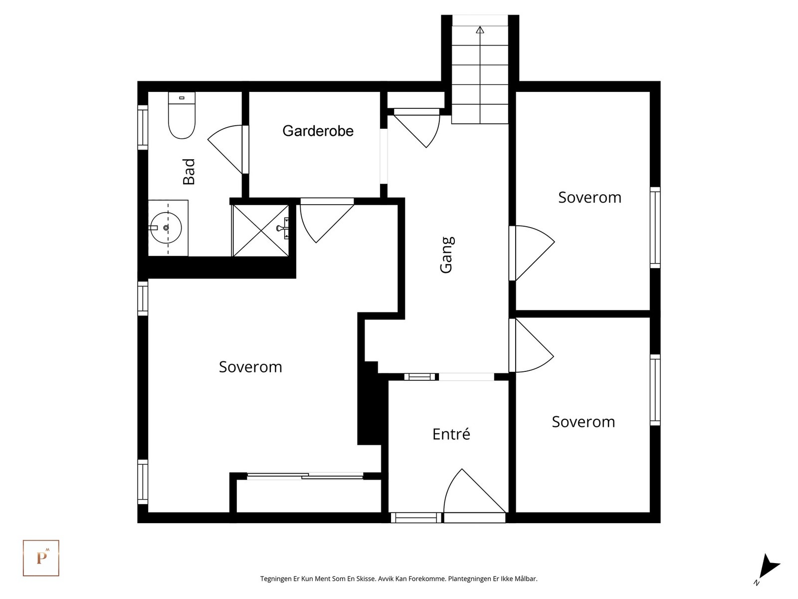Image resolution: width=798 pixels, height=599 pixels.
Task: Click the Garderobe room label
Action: pyautogui.click(x=318, y=131)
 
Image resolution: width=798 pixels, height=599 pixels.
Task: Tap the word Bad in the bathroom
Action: pyautogui.click(x=189, y=172)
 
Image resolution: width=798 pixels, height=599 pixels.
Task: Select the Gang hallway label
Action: pyautogui.click(x=447, y=255)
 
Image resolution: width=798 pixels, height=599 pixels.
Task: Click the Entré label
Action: pyautogui.click(x=451, y=434)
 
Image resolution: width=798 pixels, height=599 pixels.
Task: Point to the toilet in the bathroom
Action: pyautogui.click(x=182, y=115)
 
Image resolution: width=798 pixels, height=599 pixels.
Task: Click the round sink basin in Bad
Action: pyautogui.click(x=166, y=228)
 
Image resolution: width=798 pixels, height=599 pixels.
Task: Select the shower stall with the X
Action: pyautogui.click(x=261, y=231)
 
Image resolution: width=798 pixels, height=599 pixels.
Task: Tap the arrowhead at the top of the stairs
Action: pyautogui.click(x=480, y=30)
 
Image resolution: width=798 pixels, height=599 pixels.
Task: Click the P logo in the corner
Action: pyautogui.click(x=41, y=558)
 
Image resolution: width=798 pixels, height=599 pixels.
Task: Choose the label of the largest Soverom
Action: pyautogui.click(x=250, y=367)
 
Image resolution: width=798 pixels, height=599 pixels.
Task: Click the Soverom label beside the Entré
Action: pyautogui.click(x=584, y=422)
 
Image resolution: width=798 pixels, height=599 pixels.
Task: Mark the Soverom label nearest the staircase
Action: pyautogui.click(x=590, y=198)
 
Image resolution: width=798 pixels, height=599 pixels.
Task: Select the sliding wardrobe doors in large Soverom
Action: pyautogui.click(x=305, y=476)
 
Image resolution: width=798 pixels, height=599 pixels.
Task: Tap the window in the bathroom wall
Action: pyautogui.click(x=143, y=127)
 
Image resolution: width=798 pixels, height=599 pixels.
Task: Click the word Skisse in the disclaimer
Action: pyautogui.click(x=366, y=579)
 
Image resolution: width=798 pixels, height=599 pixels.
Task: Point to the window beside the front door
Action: pyautogui.click(x=416, y=518)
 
